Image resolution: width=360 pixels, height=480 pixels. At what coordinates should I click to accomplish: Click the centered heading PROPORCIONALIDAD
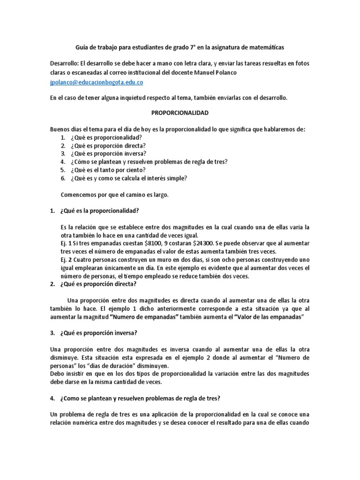click(x=180, y=113)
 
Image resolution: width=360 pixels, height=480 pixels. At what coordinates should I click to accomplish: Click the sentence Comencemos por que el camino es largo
click(x=114, y=194)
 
